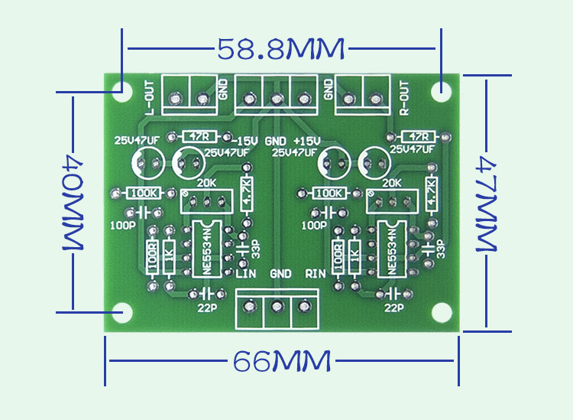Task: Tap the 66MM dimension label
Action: [282, 361]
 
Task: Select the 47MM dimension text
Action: [489, 204]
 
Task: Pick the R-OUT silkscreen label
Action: [405, 98]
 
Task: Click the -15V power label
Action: [245, 142]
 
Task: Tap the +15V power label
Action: [305, 142]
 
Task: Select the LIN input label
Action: [244, 273]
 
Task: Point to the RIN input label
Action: [316, 273]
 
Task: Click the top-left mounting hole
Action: [120, 90]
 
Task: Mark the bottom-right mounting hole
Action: [441, 312]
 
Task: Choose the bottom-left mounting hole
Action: [120, 312]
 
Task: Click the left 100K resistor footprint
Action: [143, 193]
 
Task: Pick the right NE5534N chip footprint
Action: [393, 248]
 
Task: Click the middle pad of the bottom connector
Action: [277, 308]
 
